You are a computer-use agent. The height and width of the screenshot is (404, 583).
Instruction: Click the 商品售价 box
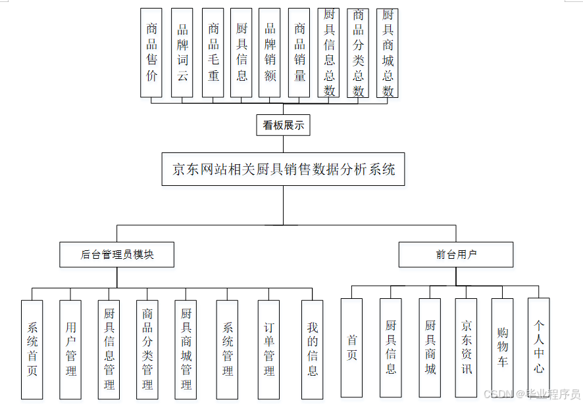pyautogui.click(x=151, y=53)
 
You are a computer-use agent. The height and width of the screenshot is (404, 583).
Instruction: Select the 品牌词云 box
pyautogui.click(x=182, y=53)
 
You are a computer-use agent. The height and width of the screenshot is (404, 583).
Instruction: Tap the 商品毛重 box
pyautogui.click(x=213, y=53)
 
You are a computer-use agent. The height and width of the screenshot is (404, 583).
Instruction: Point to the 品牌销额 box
pyautogui.click(x=270, y=53)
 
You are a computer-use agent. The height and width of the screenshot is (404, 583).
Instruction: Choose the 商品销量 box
pyautogui.click(x=299, y=53)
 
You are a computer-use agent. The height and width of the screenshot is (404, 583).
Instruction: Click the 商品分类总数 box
pyautogui.click(x=358, y=53)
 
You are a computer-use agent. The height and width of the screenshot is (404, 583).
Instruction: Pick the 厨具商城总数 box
pyautogui.click(x=388, y=53)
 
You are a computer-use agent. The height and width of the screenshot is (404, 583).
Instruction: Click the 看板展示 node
pyautogui.click(x=284, y=125)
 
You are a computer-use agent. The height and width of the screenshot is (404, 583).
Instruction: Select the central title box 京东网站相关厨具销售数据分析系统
pyautogui.click(x=284, y=169)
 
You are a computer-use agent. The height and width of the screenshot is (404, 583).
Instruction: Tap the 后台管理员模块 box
pyautogui.click(x=116, y=255)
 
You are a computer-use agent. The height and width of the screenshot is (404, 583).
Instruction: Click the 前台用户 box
pyautogui.click(x=456, y=255)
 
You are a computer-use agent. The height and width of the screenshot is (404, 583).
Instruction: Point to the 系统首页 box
pyautogui.click(x=32, y=349)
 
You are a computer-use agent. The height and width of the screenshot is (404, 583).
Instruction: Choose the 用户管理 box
pyautogui.click(x=70, y=349)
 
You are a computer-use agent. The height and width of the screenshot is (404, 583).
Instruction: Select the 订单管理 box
pyautogui.click(x=269, y=349)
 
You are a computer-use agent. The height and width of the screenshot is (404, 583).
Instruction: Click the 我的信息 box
pyautogui.click(x=313, y=349)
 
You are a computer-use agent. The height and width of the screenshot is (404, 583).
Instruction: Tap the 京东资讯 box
pyautogui.click(x=467, y=348)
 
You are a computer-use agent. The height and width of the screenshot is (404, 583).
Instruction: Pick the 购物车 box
pyautogui.click(x=503, y=348)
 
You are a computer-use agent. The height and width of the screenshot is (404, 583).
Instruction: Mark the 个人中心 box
pyautogui.click(x=539, y=348)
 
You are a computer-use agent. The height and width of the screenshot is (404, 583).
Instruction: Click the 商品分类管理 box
pyautogui.click(x=147, y=349)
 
